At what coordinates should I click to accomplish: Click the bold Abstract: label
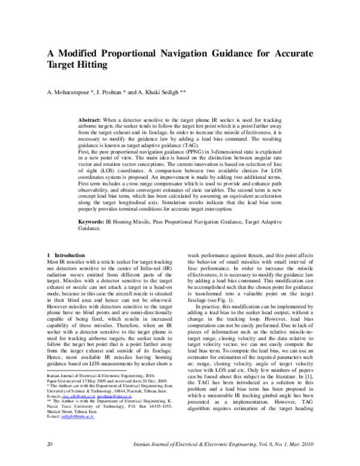[92, 121]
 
